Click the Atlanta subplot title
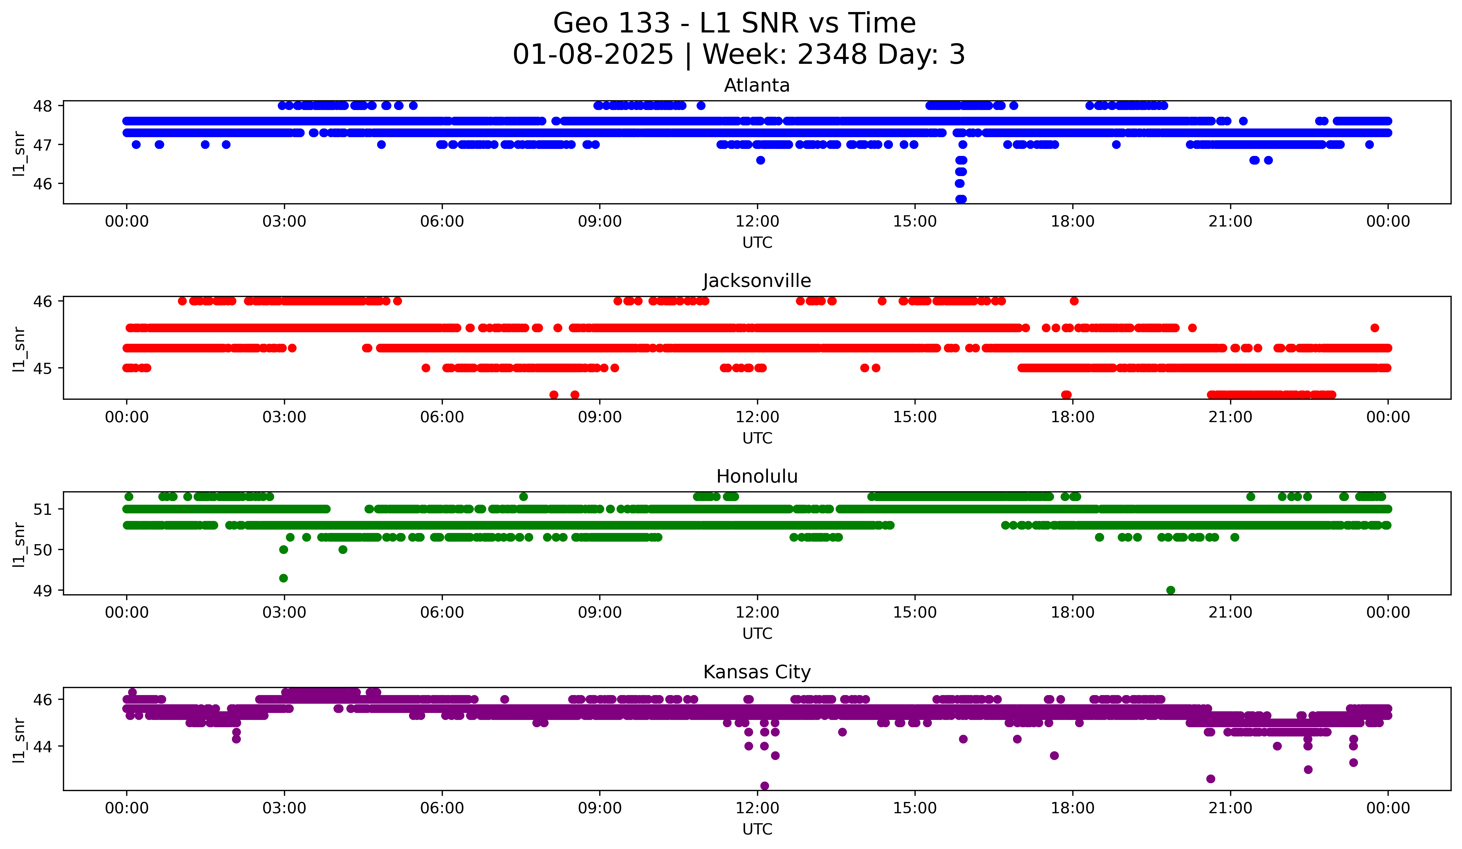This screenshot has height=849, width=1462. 756,85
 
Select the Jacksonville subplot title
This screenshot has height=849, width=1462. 756,281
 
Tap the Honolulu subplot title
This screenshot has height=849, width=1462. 756,476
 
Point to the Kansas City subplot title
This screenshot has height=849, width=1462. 756,672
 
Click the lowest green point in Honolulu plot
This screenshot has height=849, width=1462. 1170,590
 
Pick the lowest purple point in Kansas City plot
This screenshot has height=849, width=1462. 764,786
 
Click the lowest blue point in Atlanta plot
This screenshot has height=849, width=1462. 961,199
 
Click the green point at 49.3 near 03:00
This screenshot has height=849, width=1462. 283,578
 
